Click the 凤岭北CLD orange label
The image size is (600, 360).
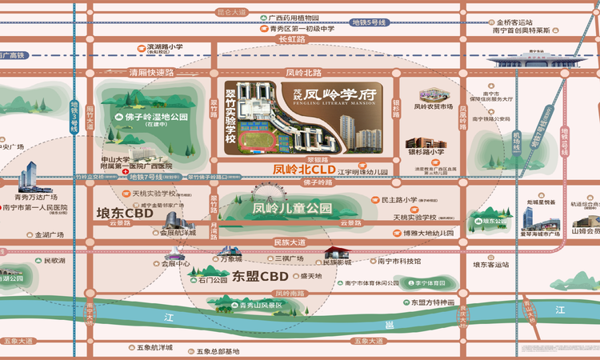click(x=303, y=169)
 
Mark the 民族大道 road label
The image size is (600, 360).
click(x=290, y=242)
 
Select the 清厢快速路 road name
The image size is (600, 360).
click(x=151, y=72)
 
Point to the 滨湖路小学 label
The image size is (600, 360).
click(x=166, y=47)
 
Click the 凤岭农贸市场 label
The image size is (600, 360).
click(x=434, y=106)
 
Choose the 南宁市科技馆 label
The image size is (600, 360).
click(x=399, y=261)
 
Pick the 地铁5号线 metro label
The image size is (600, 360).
click(x=371, y=23)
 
